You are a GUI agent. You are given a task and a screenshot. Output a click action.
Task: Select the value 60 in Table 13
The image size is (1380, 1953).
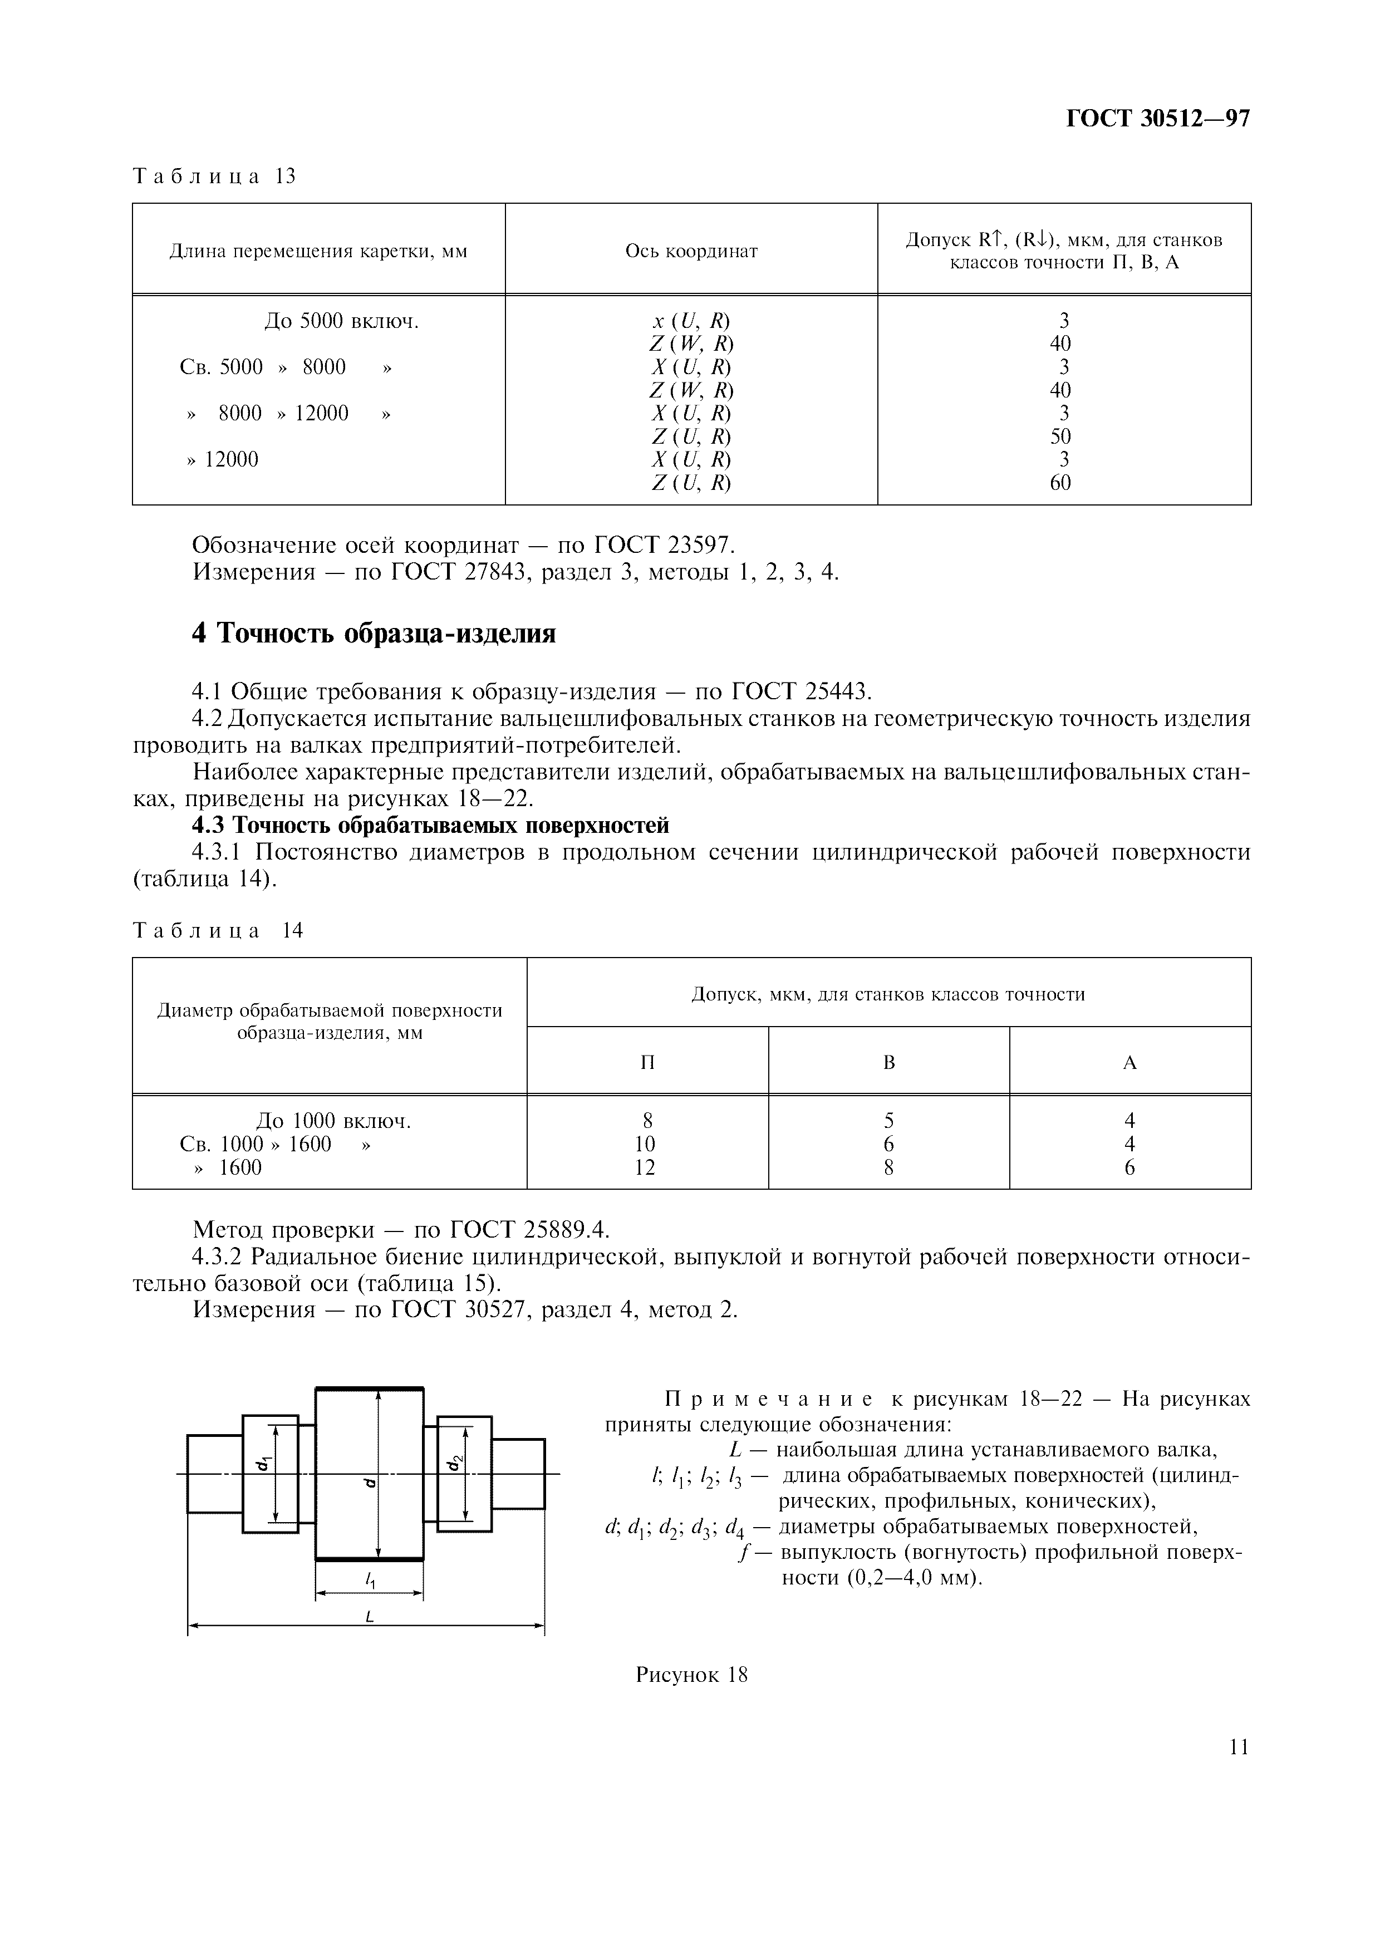(1060, 483)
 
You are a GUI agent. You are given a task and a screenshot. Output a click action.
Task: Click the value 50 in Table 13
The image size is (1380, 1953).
(1060, 436)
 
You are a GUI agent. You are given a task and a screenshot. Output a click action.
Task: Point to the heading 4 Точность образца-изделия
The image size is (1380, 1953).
(374, 634)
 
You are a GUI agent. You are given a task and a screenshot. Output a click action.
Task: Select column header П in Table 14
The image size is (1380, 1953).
(647, 1062)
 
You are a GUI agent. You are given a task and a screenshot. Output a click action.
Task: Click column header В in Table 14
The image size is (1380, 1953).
(888, 1062)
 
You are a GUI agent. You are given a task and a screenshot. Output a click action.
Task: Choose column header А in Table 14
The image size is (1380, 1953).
(1129, 1062)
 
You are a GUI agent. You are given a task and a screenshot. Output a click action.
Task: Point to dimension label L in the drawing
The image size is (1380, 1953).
(370, 1617)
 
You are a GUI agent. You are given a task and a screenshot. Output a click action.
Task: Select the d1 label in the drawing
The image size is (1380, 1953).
(266, 1463)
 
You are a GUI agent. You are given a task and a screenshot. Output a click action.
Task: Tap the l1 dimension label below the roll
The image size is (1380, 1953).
(371, 1579)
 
